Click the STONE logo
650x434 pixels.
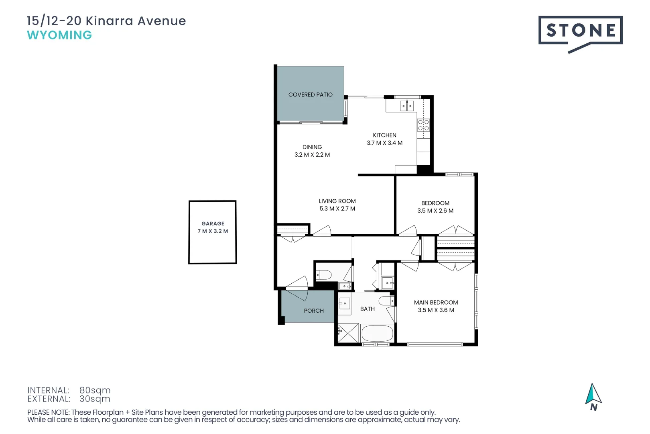(580, 31)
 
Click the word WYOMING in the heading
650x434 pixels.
(59, 35)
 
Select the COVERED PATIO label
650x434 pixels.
(310, 95)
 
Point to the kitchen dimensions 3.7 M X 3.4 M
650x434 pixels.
(384, 143)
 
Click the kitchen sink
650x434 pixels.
(406, 106)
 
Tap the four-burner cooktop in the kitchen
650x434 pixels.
(423, 125)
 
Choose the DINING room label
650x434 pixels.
(312, 147)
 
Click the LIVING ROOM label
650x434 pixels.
(337, 201)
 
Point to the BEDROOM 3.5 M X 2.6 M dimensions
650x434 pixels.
(435, 211)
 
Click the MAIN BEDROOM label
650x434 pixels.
(436, 303)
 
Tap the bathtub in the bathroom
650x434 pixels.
(377, 334)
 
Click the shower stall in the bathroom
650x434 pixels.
(348, 333)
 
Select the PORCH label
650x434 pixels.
(314, 311)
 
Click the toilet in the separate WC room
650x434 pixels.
(324, 275)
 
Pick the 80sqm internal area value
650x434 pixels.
(95, 390)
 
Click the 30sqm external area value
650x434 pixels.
(95, 399)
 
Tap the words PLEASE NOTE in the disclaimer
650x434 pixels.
(48, 412)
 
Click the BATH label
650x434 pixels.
(367, 309)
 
